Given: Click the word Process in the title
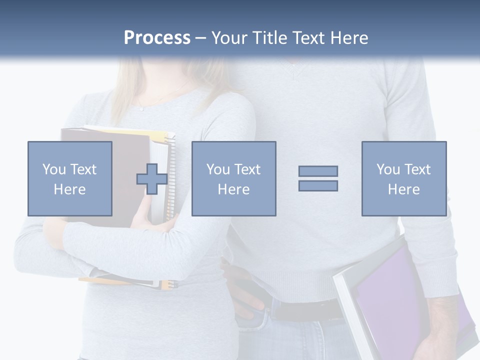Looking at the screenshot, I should click(x=157, y=38).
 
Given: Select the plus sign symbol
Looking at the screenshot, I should click(x=152, y=178).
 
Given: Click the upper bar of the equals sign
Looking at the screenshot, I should click(x=318, y=171).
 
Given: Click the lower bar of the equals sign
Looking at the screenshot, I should click(x=318, y=185).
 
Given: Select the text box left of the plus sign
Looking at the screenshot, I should click(x=69, y=178).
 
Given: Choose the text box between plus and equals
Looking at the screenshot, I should click(x=233, y=178).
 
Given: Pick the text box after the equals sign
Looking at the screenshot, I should click(x=403, y=178).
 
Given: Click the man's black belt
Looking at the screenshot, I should click(x=300, y=309).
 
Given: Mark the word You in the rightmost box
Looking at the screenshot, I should click(x=387, y=169).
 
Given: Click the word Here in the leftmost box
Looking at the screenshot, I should click(x=69, y=189).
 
